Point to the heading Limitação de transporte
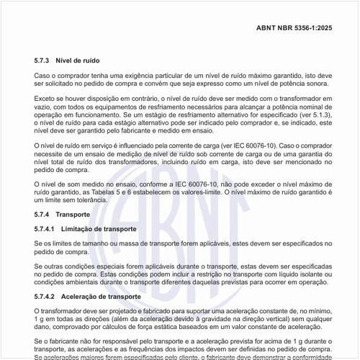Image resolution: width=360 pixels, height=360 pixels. click(x=105, y=228)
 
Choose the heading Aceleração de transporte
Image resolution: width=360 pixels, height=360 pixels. click(x=107, y=296)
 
